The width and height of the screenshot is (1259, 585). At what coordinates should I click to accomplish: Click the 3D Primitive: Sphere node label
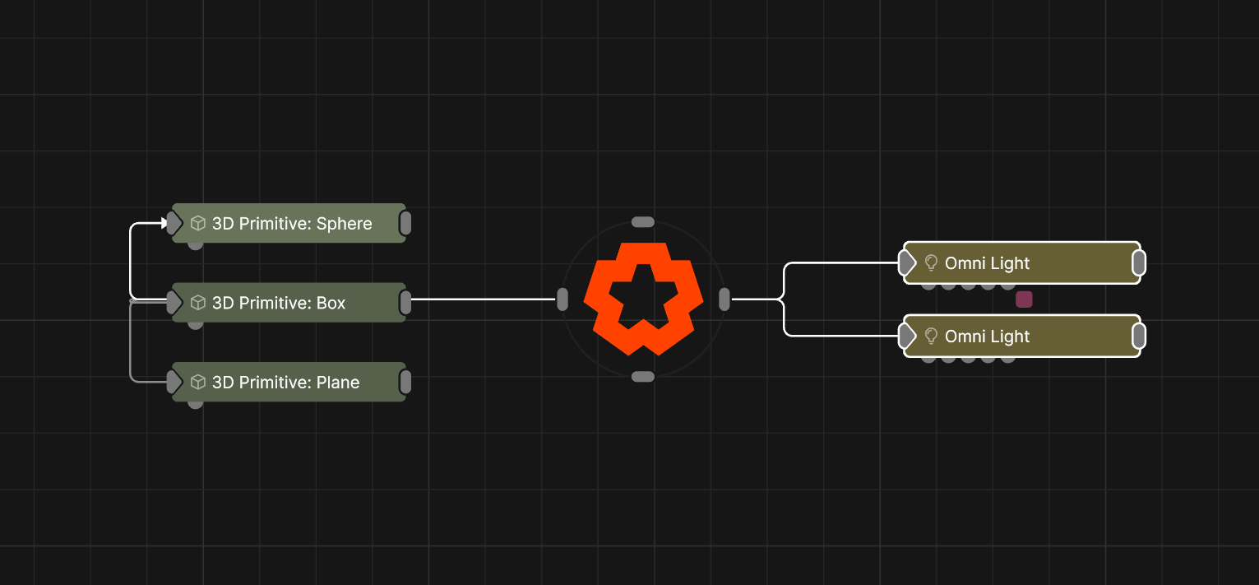point(292,224)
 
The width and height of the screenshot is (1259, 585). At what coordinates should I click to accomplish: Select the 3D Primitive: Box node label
point(278,303)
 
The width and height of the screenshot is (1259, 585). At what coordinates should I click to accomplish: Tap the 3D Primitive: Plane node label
point(285,383)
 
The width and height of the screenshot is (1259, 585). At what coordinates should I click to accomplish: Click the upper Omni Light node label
point(987,263)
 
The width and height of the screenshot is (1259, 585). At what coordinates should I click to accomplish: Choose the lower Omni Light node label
point(987,337)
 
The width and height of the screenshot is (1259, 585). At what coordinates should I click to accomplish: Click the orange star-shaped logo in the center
point(644,299)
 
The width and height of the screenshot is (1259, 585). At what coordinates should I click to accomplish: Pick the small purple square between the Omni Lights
point(1024,299)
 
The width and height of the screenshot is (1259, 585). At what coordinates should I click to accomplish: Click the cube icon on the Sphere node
point(198,223)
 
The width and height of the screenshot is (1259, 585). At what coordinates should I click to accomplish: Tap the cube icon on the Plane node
point(198,382)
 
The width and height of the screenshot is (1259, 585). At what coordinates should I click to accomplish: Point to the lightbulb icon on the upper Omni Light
point(931,262)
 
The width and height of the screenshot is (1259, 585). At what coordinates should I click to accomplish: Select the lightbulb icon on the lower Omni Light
point(931,336)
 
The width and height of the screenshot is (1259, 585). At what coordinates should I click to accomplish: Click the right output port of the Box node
point(405,303)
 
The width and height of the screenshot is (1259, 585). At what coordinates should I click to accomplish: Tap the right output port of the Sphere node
point(405,223)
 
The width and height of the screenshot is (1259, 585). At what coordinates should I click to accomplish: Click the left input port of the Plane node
point(174,382)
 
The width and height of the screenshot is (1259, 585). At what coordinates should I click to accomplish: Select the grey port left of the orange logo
point(562,299)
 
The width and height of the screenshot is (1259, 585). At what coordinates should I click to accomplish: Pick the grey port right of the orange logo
point(724,299)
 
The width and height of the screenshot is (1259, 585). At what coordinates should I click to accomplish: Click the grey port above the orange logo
point(643,222)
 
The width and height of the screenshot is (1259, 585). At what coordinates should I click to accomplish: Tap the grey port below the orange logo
point(643,376)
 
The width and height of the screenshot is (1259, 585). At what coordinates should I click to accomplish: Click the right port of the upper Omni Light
point(1139,262)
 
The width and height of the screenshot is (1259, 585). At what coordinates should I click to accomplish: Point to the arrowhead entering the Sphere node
point(164,223)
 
